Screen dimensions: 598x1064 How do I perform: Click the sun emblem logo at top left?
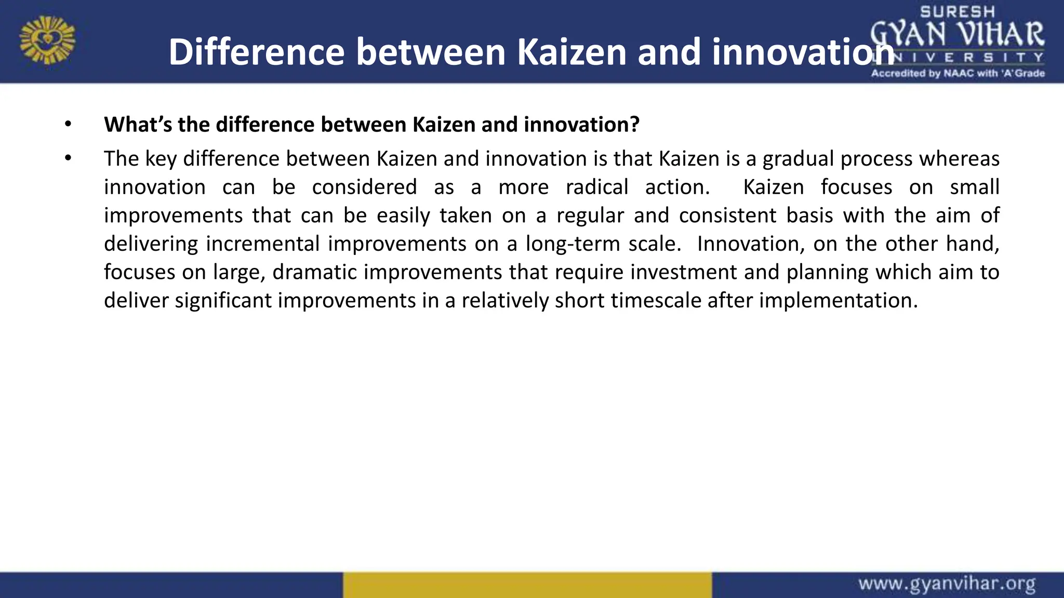tap(47, 40)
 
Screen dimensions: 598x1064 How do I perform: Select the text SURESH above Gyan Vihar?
tap(957, 11)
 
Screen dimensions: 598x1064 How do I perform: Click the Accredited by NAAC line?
tap(957, 73)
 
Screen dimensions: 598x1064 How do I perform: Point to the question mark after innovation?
tap(634, 125)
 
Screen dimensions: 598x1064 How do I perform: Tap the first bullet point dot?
tap(68, 125)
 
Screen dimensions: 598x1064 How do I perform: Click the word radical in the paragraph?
tap(596, 187)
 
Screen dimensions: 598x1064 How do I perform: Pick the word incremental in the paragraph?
tap(262, 244)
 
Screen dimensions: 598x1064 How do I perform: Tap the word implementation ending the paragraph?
tap(837, 301)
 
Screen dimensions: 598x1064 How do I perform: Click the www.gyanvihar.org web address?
tap(947, 584)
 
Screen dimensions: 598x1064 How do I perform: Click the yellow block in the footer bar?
tap(527, 585)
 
